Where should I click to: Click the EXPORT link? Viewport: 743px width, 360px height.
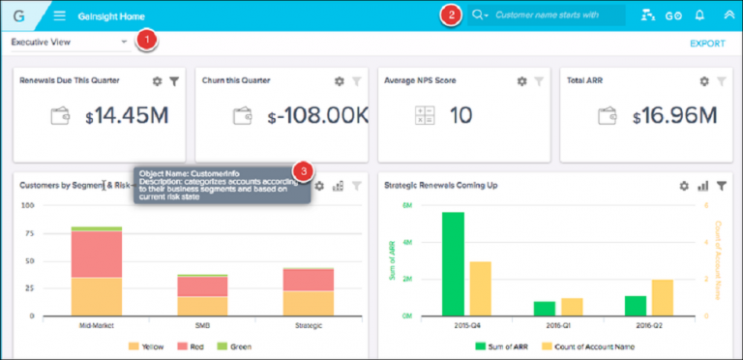(706, 44)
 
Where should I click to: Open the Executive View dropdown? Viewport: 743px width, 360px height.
(125, 43)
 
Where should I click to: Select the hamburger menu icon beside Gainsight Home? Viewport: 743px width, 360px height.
(59, 15)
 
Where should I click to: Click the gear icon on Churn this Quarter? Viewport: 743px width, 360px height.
(339, 82)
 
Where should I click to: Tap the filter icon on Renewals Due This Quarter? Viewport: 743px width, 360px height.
(174, 82)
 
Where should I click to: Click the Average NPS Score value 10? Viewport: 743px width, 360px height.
(461, 117)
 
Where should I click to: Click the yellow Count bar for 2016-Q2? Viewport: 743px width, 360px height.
(663, 299)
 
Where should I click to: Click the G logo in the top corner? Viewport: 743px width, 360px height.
(18, 16)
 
